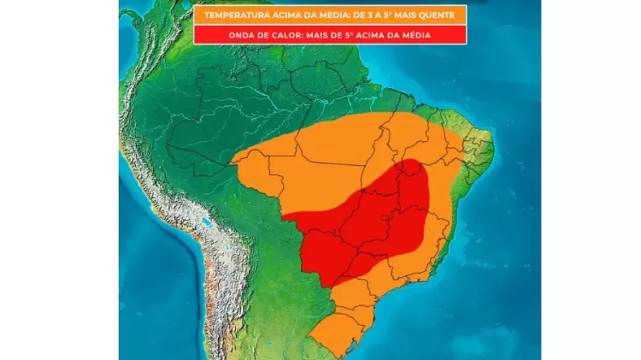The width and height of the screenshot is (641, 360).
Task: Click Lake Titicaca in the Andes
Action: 204,227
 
